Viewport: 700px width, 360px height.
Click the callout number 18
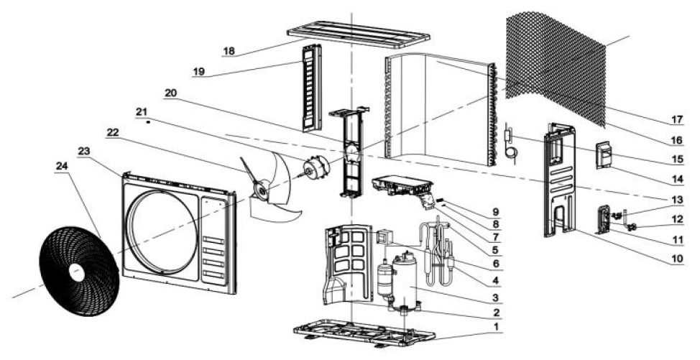click(x=229, y=51)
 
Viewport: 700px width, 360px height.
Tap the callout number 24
click(x=62, y=165)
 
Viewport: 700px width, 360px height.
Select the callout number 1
click(x=495, y=326)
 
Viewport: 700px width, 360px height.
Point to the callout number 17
click(x=677, y=119)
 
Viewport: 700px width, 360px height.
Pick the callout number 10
click(x=677, y=258)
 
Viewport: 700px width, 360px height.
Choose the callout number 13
click(x=677, y=200)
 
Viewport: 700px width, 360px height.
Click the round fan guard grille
click(x=79, y=271)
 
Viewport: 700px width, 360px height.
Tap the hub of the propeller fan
click(x=260, y=190)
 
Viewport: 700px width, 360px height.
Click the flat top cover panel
click(x=359, y=34)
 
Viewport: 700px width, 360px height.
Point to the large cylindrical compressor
click(x=405, y=280)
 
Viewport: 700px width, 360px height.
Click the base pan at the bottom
click(x=364, y=333)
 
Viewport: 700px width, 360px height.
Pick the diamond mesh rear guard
click(x=556, y=67)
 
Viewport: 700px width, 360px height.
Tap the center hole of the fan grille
click(x=77, y=272)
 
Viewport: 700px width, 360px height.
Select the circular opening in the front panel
click(x=161, y=232)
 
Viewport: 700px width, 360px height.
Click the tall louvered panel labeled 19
click(x=312, y=88)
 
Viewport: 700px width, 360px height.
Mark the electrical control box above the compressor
click(x=402, y=186)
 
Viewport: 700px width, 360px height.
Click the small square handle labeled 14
click(x=606, y=154)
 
